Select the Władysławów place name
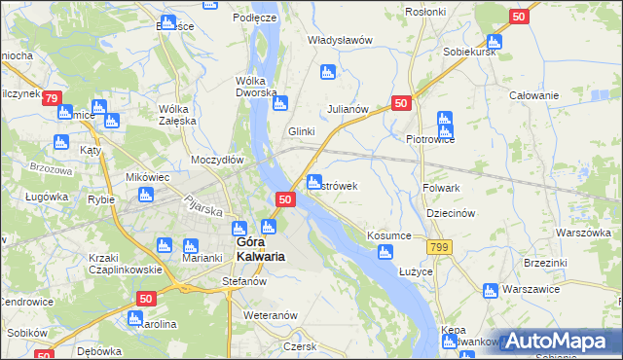[x=341, y=40]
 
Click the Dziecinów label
[x=450, y=213]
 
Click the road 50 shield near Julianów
[x=402, y=102]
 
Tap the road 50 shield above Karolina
[x=146, y=300]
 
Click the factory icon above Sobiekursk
[x=494, y=42]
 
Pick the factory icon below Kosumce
[x=385, y=254]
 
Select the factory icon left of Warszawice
[x=490, y=290]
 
